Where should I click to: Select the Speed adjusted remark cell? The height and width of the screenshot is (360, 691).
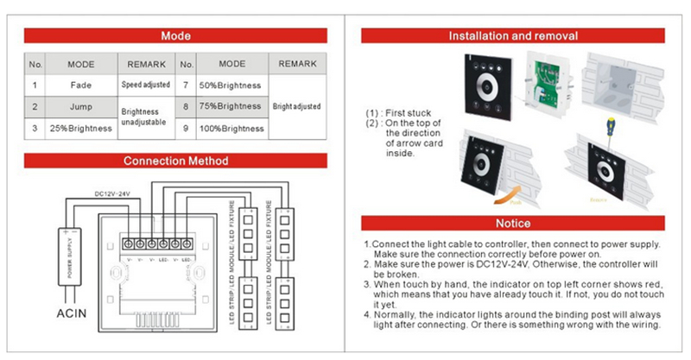pos(146,85)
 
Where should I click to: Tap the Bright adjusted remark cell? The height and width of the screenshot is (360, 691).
pos(296,106)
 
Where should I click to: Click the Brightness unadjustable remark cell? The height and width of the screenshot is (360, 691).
pos(146,117)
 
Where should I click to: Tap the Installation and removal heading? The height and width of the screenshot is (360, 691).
pos(513,37)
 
